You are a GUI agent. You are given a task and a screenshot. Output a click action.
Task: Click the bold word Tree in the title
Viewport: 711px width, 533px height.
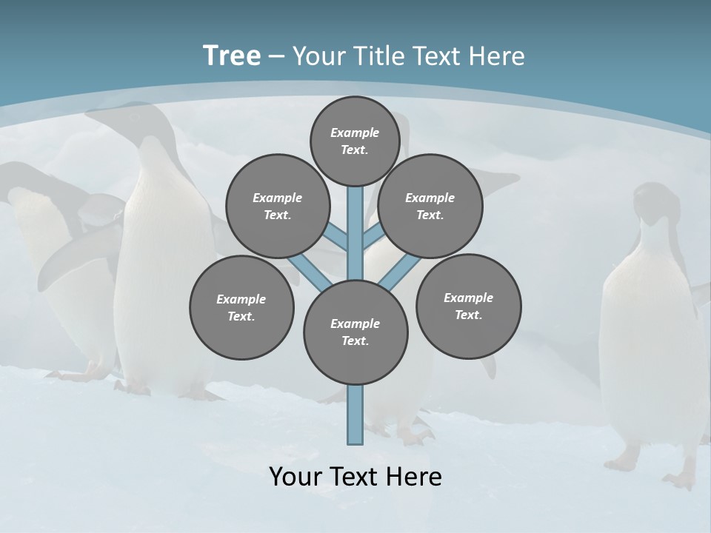(232, 56)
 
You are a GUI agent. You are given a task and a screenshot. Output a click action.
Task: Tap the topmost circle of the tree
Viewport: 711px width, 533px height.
(355, 141)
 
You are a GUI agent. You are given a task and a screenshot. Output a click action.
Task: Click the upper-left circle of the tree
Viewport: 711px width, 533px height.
(277, 207)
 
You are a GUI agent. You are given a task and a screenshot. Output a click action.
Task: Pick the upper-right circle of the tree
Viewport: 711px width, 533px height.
(430, 207)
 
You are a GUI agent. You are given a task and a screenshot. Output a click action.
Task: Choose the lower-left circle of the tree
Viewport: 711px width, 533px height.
(241, 307)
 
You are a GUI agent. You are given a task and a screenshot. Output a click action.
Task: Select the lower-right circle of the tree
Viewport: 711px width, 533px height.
(468, 306)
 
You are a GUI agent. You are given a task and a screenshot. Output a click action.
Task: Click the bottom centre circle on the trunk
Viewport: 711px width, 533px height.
(355, 332)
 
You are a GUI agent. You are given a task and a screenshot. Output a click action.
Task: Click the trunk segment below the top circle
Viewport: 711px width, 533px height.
(355, 222)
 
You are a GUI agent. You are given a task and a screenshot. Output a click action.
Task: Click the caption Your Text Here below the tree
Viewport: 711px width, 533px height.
(355, 477)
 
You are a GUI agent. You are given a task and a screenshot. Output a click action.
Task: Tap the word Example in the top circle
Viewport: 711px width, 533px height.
(355, 133)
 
